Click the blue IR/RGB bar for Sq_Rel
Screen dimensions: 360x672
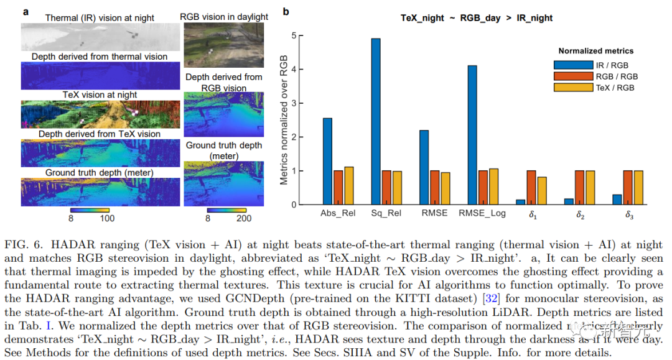click(x=376, y=121)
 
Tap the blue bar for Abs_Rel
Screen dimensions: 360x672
click(x=327, y=161)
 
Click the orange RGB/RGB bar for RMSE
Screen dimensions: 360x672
click(x=434, y=187)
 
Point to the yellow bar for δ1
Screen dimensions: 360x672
click(x=542, y=190)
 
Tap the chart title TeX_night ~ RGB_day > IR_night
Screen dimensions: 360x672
click(x=477, y=18)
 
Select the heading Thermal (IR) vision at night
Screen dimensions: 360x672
click(x=100, y=18)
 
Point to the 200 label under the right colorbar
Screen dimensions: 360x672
click(x=245, y=218)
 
